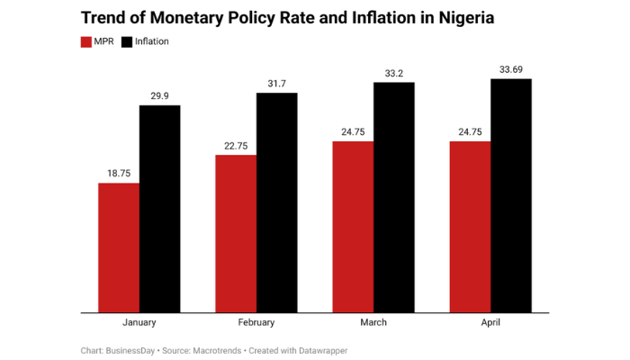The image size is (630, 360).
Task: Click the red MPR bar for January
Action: click(119, 247)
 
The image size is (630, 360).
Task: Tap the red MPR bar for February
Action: click(236, 234)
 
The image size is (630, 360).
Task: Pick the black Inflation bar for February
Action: click(276, 202)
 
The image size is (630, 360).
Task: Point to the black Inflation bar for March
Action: click(393, 198)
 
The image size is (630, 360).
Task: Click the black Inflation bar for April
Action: click(510, 196)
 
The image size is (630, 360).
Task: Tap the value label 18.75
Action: click(119, 172)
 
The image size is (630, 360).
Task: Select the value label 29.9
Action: click(159, 94)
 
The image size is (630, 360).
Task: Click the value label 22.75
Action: click(236, 144)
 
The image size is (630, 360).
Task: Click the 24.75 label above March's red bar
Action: click(353, 130)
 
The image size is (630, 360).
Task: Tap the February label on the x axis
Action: click(256, 322)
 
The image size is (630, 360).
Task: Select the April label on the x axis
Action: click(490, 322)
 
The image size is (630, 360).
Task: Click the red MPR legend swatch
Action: click(86, 41)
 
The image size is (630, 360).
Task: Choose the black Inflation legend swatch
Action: click(127, 41)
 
